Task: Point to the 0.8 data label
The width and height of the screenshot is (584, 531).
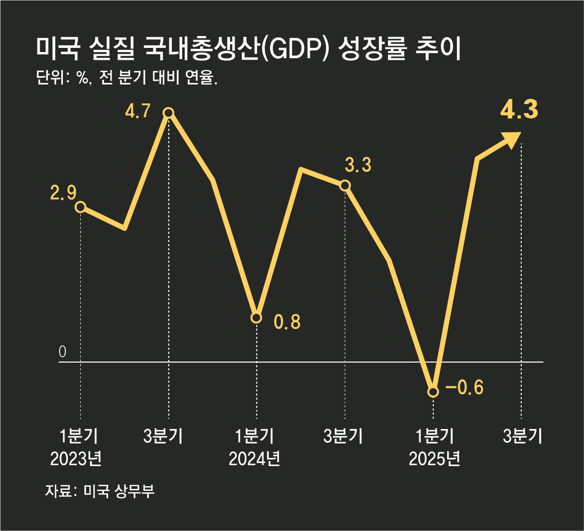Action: click(287, 322)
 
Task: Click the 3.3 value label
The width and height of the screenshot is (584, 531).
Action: click(358, 166)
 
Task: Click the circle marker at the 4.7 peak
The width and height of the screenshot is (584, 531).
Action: click(168, 113)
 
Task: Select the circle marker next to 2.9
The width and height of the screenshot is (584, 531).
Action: click(80, 207)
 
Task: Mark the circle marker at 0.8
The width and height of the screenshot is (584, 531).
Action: click(256, 318)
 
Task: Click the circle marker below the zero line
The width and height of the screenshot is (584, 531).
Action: click(433, 392)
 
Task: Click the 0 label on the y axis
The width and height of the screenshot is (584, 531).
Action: click(63, 352)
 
